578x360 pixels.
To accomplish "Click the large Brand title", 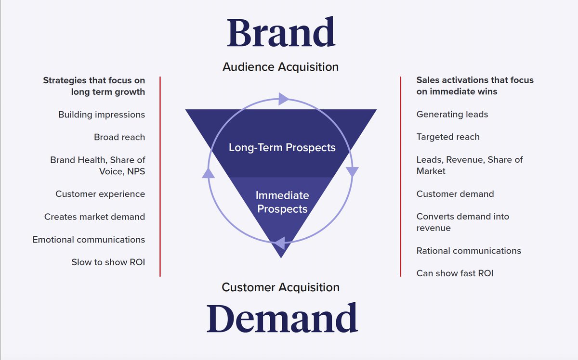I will click(281, 32).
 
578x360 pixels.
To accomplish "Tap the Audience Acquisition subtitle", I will click(280, 67).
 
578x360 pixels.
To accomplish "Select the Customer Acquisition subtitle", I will click(280, 287).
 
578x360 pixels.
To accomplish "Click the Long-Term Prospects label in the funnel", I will click(282, 147).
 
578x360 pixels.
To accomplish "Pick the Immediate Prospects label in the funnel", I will click(282, 202).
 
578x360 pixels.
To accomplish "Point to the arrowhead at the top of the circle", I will click(283, 99).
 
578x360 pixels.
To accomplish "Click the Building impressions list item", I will click(102, 115).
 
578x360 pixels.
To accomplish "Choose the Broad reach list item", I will click(119, 137).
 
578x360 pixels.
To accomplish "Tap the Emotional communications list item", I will click(89, 240).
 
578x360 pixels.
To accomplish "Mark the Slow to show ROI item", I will click(108, 262).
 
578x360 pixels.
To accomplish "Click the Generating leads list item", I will click(452, 115).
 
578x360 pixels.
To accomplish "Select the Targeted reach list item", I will click(448, 137).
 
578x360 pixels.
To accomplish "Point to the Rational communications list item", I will click(469, 251).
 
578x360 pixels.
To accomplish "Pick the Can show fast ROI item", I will click(455, 273).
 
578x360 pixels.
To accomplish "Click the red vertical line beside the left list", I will click(160, 176).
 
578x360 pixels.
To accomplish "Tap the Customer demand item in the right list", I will click(455, 194).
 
